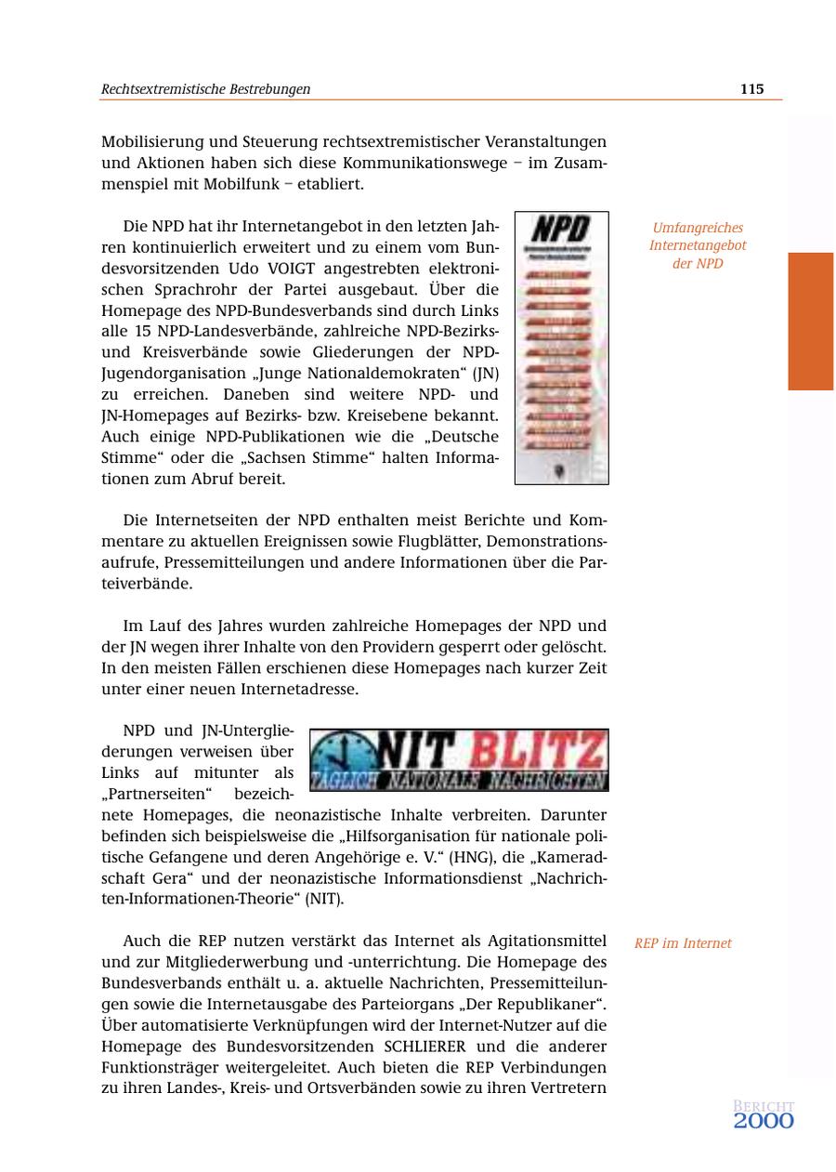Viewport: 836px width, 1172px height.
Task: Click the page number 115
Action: click(751, 89)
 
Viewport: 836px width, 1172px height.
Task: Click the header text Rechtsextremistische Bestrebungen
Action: click(205, 89)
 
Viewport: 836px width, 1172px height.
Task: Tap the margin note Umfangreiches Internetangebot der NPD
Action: click(698, 245)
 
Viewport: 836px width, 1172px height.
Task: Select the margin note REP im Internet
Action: click(683, 943)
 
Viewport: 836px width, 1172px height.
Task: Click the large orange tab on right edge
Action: click(811, 321)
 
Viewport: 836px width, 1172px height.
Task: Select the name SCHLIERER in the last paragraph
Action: click(425, 1046)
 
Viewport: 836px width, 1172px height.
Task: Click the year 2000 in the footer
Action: click(764, 1122)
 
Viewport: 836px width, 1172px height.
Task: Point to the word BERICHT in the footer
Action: click(764, 1106)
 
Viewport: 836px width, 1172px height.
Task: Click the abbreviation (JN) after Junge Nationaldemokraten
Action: click(485, 374)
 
